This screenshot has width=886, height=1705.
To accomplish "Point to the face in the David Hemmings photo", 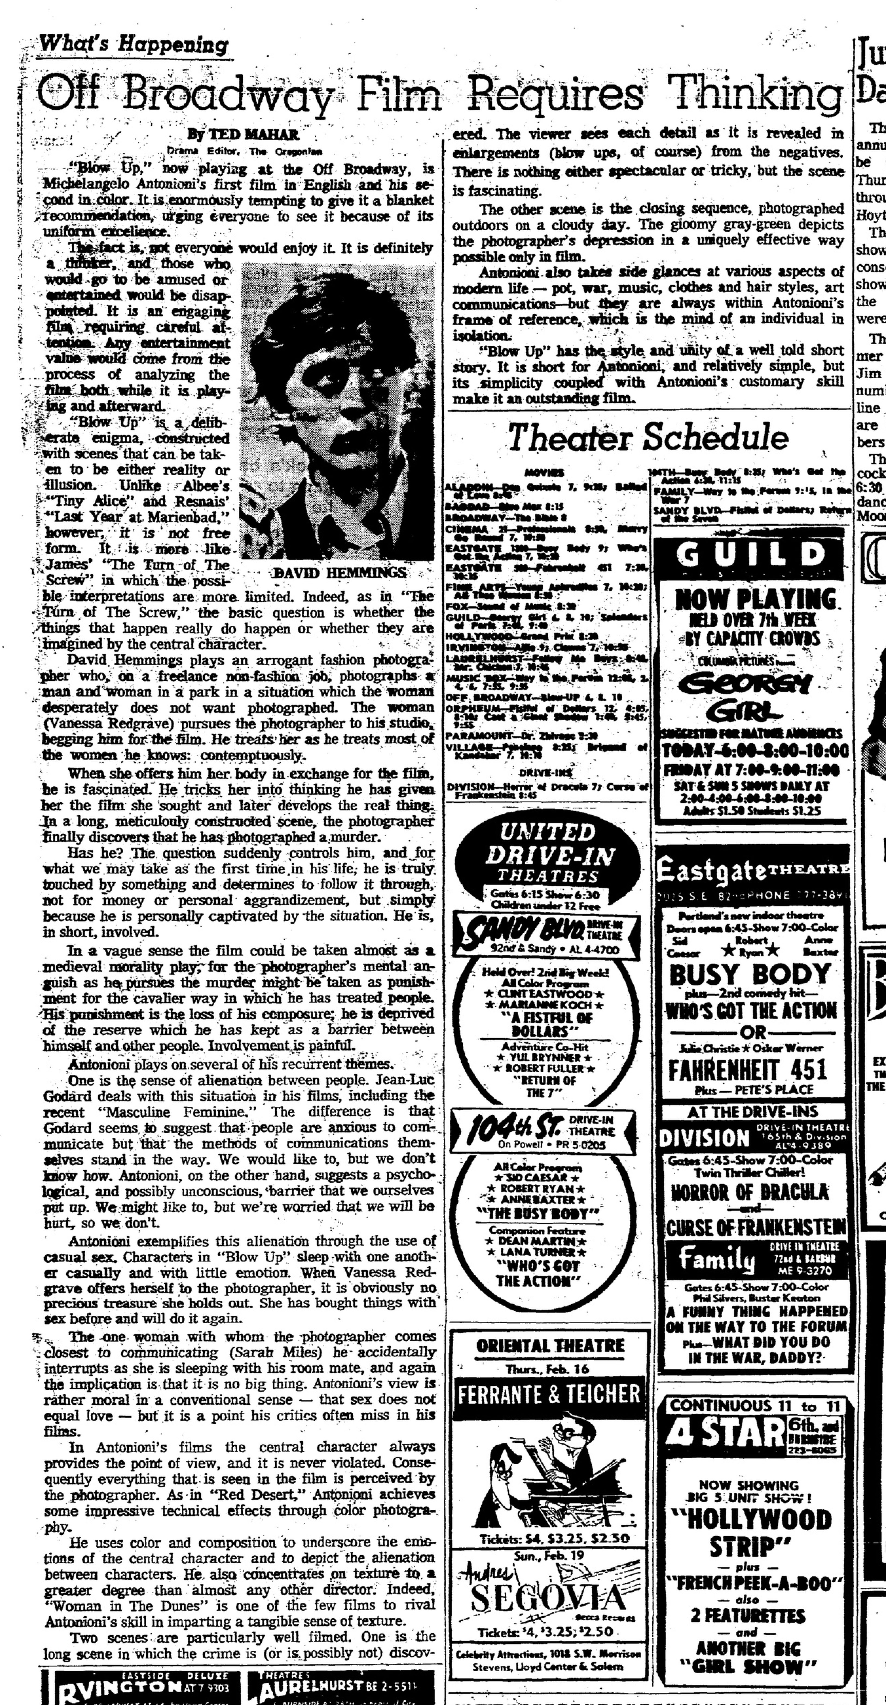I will (x=324, y=377).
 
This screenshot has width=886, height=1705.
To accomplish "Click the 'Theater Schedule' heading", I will (x=648, y=437).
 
